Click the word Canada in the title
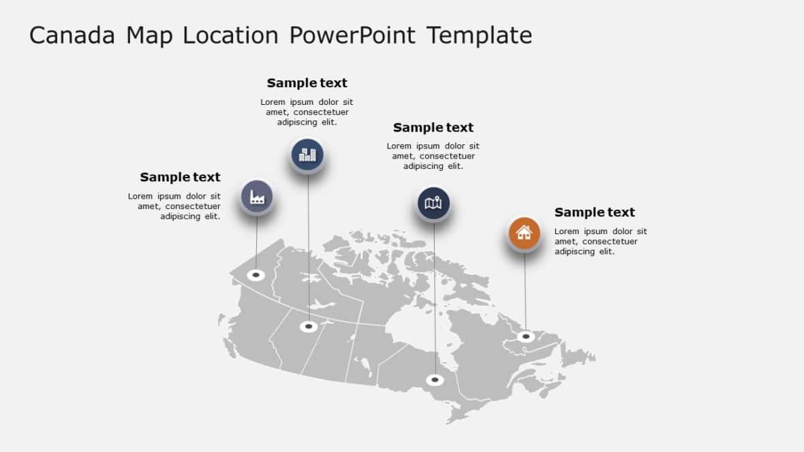(x=72, y=35)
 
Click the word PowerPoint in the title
(x=352, y=35)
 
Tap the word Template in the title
(x=479, y=35)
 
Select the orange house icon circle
(x=524, y=233)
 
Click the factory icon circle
(x=257, y=197)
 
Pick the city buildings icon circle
(x=307, y=155)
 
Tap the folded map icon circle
(x=433, y=203)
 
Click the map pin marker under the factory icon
(x=256, y=275)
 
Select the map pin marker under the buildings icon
(x=309, y=327)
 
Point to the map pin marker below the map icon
(x=435, y=379)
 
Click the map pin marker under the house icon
(x=525, y=336)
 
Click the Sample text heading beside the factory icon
(x=180, y=177)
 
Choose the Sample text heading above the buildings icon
(x=307, y=83)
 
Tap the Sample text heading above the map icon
(x=433, y=127)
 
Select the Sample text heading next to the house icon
(x=594, y=212)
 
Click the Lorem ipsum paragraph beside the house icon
(x=600, y=242)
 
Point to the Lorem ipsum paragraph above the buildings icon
(x=307, y=112)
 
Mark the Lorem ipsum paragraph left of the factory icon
(x=175, y=206)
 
